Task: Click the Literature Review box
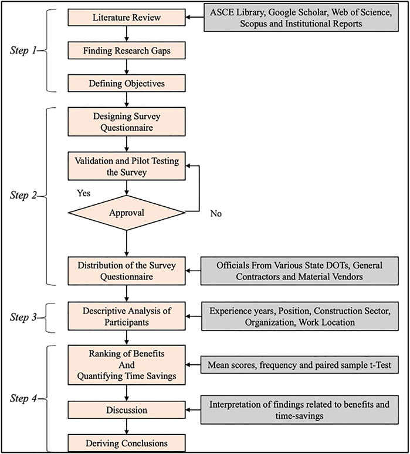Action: tap(127, 18)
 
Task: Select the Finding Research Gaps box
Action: tap(127, 50)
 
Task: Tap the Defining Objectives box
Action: tap(127, 83)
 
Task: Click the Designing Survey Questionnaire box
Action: tap(127, 122)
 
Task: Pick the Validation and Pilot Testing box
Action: tap(127, 166)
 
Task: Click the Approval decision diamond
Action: tap(127, 213)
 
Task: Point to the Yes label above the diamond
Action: tap(83, 193)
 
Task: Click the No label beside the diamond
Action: tap(216, 213)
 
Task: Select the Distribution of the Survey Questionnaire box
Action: tap(127, 271)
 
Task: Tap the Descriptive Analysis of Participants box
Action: tap(127, 316)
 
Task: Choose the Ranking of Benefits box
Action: tap(127, 365)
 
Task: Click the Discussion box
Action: tap(127, 410)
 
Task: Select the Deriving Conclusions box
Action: tap(127, 443)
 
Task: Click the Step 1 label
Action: tap(23, 50)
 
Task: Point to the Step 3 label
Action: tap(23, 317)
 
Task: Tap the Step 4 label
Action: tap(23, 398)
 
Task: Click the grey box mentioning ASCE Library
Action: tap(301, 18)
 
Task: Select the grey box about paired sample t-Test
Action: tap(300, 365)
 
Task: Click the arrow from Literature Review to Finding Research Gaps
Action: tap(127, 34)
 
